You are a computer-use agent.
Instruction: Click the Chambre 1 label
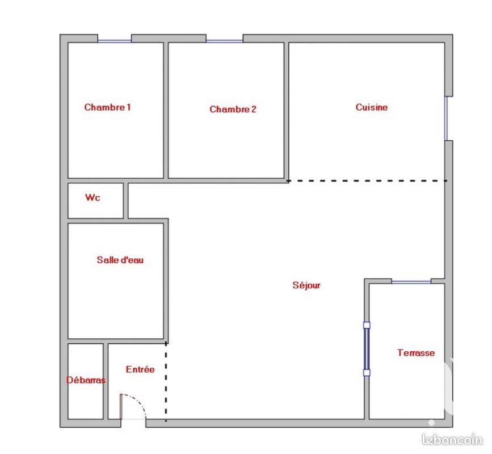pyautogui.click(x=107, y=107)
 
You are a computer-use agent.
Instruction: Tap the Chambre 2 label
pyautogui.click(x=233, y=109)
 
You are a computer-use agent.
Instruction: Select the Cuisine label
pyautogui.click(x=372, y=107)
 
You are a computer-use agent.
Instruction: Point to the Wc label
pyautogui.click(x=92, y=197)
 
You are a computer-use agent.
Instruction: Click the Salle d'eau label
pyautogui.click(x=120, y=260)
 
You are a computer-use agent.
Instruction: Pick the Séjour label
pyautogui.click(x=306, y=285)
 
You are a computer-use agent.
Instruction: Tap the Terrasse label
pyautogui.click(x=415, y=353)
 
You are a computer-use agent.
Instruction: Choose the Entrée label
pyautogui.click(x=140, y=369)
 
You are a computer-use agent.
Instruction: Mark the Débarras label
pyautogui.click(x=86, y=380)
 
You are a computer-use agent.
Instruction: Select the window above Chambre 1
pyautogui.click(x=114, y=40)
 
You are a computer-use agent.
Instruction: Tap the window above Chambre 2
pyautogui.click(x=224, y=40)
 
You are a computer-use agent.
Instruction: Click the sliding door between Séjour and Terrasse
pyautogui.click(x=367, y=348)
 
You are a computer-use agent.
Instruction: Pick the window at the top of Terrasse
pyautogui.click(x=411, y=281)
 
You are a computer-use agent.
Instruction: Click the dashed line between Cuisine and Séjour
pyautogui.click(x=367, y=181)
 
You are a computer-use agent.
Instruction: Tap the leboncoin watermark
pyautogui.click(x=452, y=440)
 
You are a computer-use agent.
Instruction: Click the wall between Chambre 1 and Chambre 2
pyautogui.click(x=166, y=110)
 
